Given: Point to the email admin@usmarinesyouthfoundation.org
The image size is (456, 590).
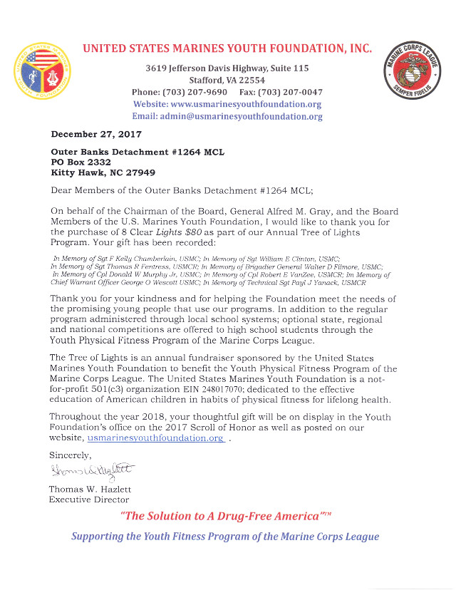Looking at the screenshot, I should [227, 116].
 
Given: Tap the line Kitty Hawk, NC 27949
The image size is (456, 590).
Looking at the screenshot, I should [103, 172].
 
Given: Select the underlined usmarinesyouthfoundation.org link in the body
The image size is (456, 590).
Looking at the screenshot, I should [155, 438].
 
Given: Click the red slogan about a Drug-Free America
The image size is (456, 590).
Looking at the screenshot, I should [227, 516].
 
